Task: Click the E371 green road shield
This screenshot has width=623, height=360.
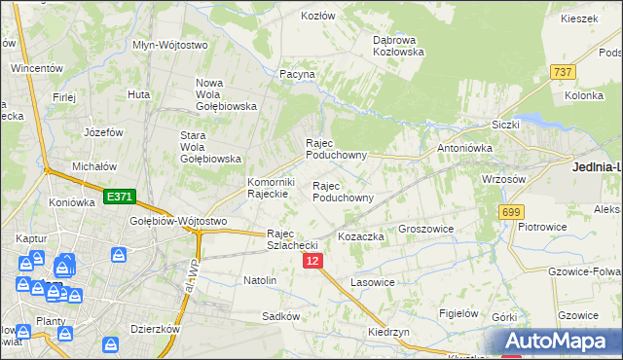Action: tap(119, 198)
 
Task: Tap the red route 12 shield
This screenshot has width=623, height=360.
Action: tap(311, 262)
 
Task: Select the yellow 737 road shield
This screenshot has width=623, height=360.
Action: tap(562, 72)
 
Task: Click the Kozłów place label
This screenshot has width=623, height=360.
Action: tap(317, 17)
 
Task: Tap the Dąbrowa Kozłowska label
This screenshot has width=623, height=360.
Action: tap(398, 46)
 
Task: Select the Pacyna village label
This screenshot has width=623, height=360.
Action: tap(298, 74)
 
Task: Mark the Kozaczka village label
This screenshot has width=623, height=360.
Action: tap(361, 236)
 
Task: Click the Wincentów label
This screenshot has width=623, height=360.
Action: tap(37, 69)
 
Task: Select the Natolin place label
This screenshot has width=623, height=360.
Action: tap(260, 280)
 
